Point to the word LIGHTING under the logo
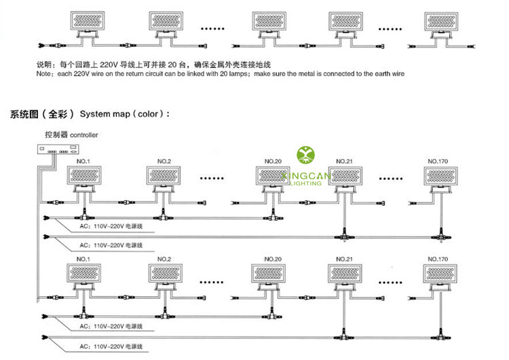[306, 183]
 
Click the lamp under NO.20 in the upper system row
[273, 177]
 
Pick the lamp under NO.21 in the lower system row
[347, 276]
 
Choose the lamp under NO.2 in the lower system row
[164, 276]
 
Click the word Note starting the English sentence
[45, 73]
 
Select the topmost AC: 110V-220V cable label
[112, 226]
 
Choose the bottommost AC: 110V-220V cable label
[112, 344]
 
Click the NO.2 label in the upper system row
[164, 161]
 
